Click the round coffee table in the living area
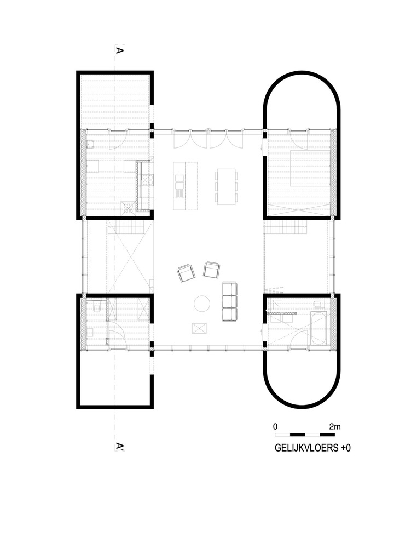click(x=202, y=303)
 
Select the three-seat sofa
click(x=230, y=301)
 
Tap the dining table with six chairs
click(x=226, y=186)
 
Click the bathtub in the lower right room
click(x=318, y=329)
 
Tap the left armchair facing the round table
click(x=186, y=272)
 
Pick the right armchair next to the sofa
click(x=211, y=270)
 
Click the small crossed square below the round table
click(x=200, y=328)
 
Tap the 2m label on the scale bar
click(x=335, y=426)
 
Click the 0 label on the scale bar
click(x=276, y=426)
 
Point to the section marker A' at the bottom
click(x=119, y=447)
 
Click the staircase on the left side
click(x=129, y=227)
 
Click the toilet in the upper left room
click(x=90, y=144)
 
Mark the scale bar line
click(x=305, y=433)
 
